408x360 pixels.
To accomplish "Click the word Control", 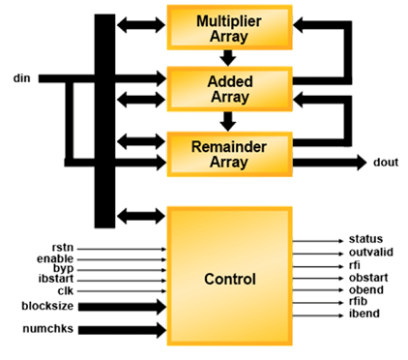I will pyautogui.click(x=229, y=280).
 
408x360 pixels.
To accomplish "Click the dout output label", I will pyautogui.click(x=385, y=163).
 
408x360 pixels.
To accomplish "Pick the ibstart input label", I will pyautogui.click(x=54, y=279).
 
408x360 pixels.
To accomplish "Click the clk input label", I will pyautogui.click(x=65, y=289).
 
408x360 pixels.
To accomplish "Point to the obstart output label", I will pyautogui.click(x=367, y=277).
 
